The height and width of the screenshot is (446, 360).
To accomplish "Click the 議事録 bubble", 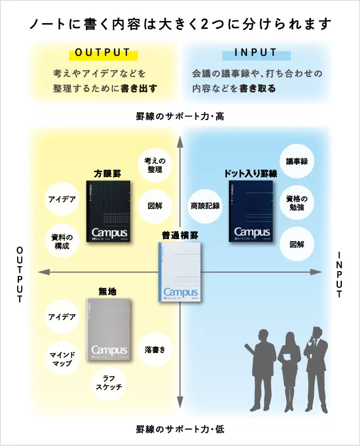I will (x=297, y=162).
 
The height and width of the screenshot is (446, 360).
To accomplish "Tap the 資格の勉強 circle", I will (x=297, y=203).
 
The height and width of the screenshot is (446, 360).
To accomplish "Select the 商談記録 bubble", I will (x=205, y=205).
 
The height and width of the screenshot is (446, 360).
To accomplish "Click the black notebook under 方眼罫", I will (x=109, y=211).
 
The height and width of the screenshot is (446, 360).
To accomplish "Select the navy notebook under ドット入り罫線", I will (x=251, y=211).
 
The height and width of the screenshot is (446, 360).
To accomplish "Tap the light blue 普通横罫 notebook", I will (x=179, y=272).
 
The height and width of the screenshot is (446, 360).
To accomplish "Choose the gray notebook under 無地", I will (x=109, y=330).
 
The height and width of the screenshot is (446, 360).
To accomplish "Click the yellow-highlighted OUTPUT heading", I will (x=102, y=53).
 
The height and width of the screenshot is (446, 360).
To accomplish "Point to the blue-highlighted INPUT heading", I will (x=256, y=53).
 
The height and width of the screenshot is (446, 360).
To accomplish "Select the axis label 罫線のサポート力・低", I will (x=180, y=429).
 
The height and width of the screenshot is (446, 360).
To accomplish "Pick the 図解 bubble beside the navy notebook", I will (x=297, y=244).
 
